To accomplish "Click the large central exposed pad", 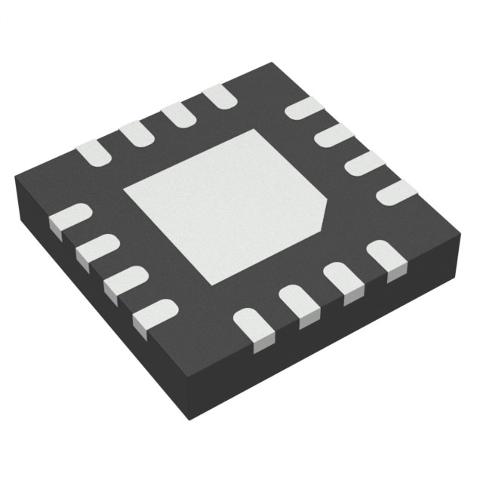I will pos(223,204).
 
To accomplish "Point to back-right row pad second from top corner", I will pos(333,135).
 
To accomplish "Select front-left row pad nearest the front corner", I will pos(155,312).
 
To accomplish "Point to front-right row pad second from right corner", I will pos(342,279).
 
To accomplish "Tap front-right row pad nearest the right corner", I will pos(385,257).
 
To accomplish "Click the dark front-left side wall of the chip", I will pos(98,309).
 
